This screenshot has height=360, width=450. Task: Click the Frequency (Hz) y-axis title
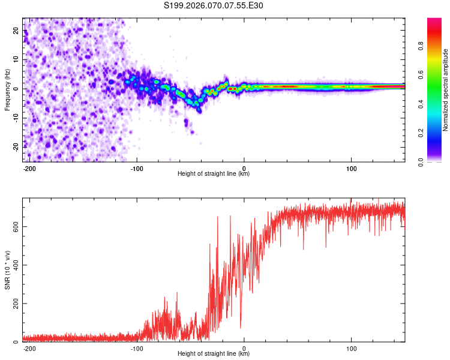tap(7, 89)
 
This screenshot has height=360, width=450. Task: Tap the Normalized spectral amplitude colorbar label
tap(446, 89)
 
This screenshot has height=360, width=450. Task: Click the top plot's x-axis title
tap(214, 174)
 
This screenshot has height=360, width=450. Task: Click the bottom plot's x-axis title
tap(214, 354)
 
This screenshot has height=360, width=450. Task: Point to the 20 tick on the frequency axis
tap(17, 31)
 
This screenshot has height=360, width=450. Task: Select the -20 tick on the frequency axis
tap(16, 146)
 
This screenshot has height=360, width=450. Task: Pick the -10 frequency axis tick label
tap(16, 118)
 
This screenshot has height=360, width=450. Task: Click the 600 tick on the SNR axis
tap(14, 227)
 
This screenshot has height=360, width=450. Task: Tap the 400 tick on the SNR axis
tap(14, 265)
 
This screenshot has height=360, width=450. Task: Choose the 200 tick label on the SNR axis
tap(14, 304)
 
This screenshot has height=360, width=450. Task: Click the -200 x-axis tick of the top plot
tap(29, 167)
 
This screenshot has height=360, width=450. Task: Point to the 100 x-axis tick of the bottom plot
tap(351, 347)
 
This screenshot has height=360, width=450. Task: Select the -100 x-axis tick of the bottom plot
tap(136, 347)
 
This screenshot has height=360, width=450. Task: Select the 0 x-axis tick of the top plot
tap(244, 167)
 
